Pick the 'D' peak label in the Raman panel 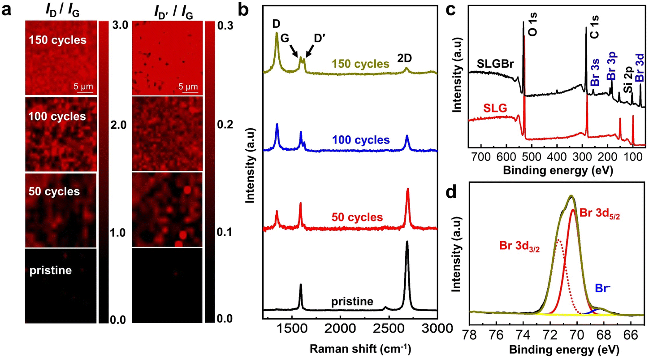click(x=277, y=22)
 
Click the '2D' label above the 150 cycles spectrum click(x=406, y=57)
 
